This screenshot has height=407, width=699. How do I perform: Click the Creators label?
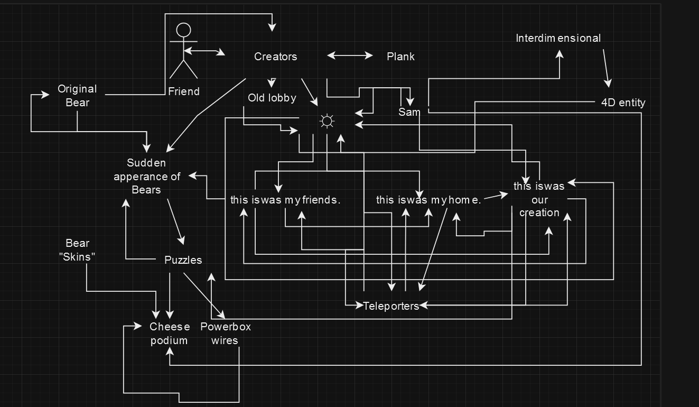click(275, 57)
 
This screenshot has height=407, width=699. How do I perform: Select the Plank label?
click(400, 57)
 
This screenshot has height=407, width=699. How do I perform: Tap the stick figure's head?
click(183, 30)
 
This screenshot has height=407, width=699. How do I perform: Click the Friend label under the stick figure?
click(184, 91)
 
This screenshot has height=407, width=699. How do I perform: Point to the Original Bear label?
click(77, 96)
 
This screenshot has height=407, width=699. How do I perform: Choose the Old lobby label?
click(272, 98)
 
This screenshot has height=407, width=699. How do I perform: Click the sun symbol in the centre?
click(327, 122)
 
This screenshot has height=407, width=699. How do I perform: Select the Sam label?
click(409, 112)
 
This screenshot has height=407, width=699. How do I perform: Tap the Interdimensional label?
click(558, 38)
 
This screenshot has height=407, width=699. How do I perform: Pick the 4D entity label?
click(623, 103)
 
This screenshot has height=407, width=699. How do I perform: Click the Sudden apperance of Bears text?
click(146, 176)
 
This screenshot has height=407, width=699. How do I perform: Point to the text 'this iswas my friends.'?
click(285, 200)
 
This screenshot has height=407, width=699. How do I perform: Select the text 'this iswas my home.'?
click(428, 200)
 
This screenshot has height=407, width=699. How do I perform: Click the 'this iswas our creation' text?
click(539, 199)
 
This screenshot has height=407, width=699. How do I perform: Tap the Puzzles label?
click(183, 260)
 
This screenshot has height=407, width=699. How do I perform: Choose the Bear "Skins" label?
click(77, 250)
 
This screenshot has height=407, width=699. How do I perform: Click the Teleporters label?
click(391, 306)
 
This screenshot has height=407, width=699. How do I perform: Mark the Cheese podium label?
click(169, 334)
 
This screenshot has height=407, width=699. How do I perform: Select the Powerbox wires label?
click(225, 334)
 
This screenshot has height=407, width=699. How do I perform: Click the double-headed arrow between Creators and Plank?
click(350, 55)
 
